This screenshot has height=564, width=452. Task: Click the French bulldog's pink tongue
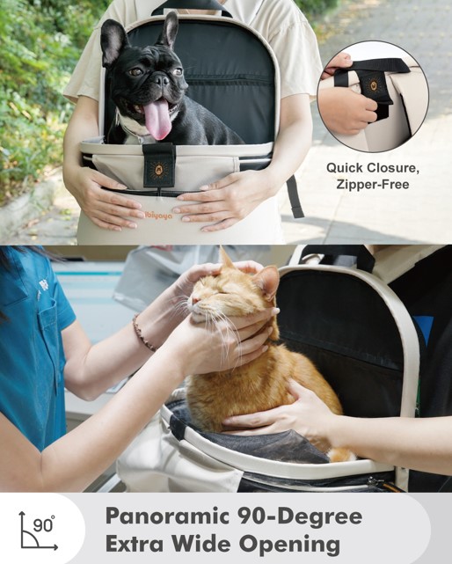(x=157, y=119)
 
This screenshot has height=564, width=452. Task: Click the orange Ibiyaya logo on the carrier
(x=157, y=215)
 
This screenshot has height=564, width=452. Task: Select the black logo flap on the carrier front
(x=158, y=165)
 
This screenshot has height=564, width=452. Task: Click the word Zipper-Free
(x=373, y=185)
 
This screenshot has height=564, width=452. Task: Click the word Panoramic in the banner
(x=168, y=516)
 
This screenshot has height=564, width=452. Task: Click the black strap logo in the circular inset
(x=374, y=85)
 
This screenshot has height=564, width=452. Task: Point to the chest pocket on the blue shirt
(x=50, y=319)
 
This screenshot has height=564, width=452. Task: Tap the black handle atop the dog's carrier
(x=192, y=8)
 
